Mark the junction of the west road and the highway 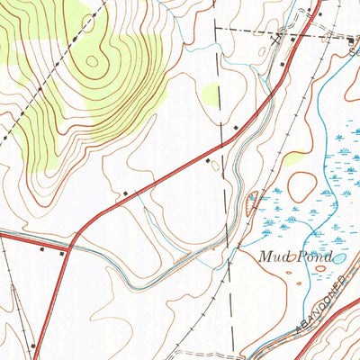pyautogui.click(x=70, y=243)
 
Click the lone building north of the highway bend pyautogui.click(x=125, y=192)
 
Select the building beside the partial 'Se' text pyautogui.click(x=351, y=40)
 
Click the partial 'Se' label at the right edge pyautogui.click(x=354, y=52)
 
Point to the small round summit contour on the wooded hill pyautogui.click(x=92, y=62)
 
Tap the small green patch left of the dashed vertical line pyautogui.click(x=211, y=92)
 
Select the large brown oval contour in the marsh pyautogui.click(x=301, y=186)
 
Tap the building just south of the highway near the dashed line pyautogui.click(x=208, y=162)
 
